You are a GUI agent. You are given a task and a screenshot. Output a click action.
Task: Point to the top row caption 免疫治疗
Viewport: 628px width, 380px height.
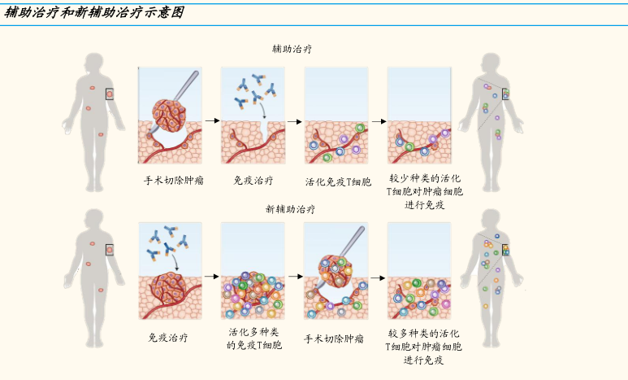tap(253, 181)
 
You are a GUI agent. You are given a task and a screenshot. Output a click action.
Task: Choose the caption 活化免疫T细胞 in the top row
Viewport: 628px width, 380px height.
tap(338, 181)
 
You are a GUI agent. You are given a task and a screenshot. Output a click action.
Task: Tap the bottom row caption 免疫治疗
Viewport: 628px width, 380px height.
tap(168, 337)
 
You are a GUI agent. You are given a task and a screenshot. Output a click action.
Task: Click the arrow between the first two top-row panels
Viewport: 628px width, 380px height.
tap(212, 120)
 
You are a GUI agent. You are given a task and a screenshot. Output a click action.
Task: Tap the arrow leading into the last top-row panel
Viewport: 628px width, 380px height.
tap(379, 121)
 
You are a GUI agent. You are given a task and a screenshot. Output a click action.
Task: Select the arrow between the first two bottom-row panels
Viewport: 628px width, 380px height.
tap(212, 277)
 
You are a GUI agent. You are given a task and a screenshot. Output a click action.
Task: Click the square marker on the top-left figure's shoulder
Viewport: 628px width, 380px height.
tap(109, 94)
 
